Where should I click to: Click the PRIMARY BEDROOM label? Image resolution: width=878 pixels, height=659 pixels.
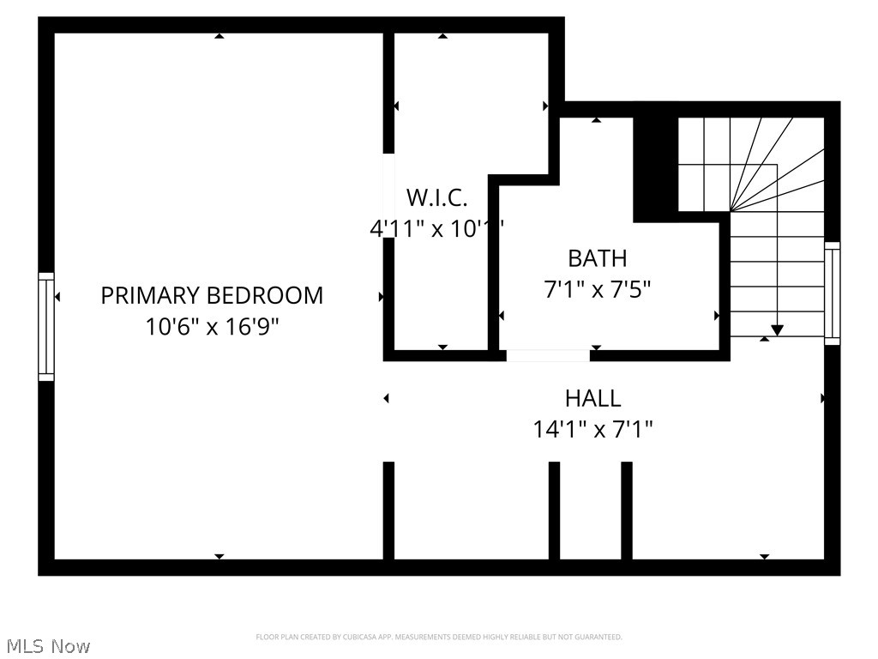tap(212, 295)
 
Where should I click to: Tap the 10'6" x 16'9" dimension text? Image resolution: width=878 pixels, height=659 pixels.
tap(213, 327)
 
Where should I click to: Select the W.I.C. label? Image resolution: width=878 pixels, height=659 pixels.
tap(436, 198)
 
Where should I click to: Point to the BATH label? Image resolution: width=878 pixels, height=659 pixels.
tap(598, 258)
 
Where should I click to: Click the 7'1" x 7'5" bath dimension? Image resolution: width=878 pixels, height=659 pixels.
tap(598, 289)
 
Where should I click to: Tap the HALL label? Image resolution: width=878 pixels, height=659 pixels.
tap(592, 398)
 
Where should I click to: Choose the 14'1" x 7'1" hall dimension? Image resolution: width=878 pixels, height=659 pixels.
tap(593, 429)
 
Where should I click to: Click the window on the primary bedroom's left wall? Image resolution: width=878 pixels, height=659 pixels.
tap(46, 326)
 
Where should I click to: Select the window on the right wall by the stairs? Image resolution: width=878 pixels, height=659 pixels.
tap(832, 293)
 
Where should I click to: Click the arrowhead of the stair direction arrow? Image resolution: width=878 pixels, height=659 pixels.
tap(777, 330)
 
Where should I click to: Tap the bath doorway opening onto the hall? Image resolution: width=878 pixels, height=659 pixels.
tap(547, 355)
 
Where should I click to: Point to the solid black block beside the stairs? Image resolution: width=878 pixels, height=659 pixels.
tap(654, 167)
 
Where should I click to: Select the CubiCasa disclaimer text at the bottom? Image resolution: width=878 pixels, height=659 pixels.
tap(438, 637)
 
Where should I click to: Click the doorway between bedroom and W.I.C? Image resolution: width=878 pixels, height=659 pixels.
tap(388, 196)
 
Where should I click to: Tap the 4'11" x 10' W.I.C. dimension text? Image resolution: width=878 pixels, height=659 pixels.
tap(435, 229)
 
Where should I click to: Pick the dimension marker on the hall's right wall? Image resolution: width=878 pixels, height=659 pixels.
tap(823, 398)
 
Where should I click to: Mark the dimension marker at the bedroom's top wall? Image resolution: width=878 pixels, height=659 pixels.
tap(219, 36)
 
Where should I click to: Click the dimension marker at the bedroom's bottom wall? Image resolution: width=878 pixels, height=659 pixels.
tap(219, 556)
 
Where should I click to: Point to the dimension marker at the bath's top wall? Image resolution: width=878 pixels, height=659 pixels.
tap(596, 120)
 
